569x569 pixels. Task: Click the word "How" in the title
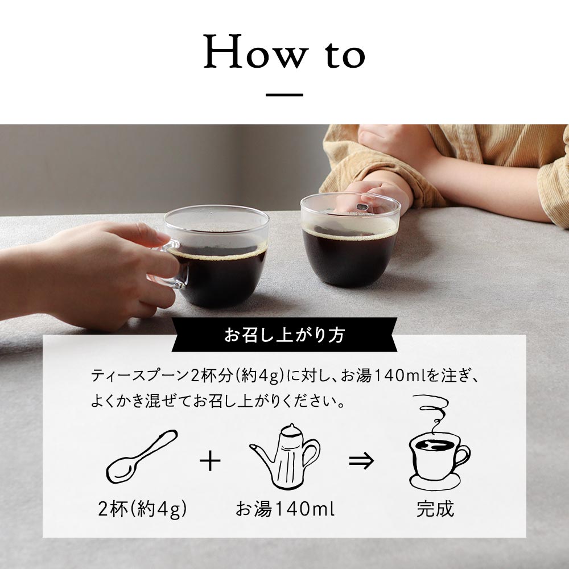pos(256,51)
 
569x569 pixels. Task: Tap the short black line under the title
pos(284,95)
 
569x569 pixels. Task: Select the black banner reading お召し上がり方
pos(284,335)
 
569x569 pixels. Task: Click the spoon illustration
pos(142,456)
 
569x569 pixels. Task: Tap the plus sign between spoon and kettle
pos(210,461)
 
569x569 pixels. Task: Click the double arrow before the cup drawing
pos(361,461)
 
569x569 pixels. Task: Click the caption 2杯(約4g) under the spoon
pos(142,509)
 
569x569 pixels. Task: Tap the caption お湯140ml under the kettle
pos(285,509)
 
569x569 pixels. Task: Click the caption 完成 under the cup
pos(435,509)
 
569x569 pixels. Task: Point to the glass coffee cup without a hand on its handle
pos(351,240)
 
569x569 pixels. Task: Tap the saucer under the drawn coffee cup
pos(435,483)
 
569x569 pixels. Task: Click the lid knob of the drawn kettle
pos(291,426)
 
